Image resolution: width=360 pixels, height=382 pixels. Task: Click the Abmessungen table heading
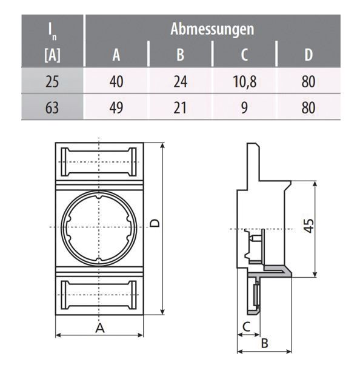click(x=212, y=28)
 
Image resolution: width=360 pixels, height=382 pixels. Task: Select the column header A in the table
click(x=117, y=55)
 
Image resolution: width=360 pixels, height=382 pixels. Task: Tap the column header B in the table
click(x=180, y=55)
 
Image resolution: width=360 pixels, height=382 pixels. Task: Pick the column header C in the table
click(x=244, y=55)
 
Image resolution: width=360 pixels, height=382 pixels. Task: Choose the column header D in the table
click(x=308, y=55)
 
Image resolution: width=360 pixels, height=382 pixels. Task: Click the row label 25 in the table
click(x=52, y=82)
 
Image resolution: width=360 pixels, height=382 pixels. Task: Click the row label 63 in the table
click(x=52, y=108)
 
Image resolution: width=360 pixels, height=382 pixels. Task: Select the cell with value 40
click(x=116, y=82)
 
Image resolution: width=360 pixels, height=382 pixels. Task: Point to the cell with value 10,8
click(x=244, y=82)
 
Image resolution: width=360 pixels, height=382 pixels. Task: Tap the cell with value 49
click(x=116, y=108)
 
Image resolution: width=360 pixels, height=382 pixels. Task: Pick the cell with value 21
click(x=180, y=108)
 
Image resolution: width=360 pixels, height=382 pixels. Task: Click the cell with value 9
click(x=244, y=108)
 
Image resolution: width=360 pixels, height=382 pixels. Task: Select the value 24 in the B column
click(x=180, y=82)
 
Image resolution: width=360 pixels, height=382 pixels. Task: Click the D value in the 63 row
click(x=308, y=108)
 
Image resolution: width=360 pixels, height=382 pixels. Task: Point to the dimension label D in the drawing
click(x=155, y=224)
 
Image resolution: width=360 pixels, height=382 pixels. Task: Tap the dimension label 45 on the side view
click(x=308, y=226)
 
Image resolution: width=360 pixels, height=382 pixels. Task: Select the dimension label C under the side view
click(x=245, y=327)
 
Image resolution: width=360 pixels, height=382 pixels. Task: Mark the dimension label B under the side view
click(x=264, y=343)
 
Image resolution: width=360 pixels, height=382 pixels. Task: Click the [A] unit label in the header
click(x=52, y=56)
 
